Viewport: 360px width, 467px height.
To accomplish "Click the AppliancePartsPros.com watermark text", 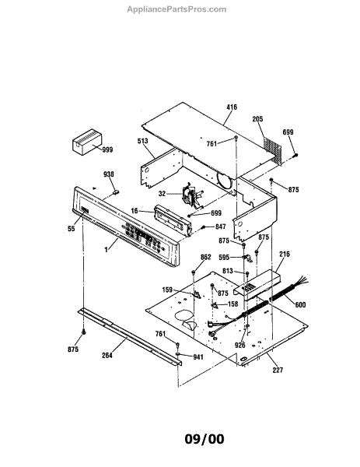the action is [177, 9].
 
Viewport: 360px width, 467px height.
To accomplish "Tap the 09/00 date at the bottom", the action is [204, 439].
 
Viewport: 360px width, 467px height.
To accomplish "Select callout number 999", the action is [107, 149].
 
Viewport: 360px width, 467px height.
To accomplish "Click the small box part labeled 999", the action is [87, 142].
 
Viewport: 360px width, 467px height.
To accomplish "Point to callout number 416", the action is [232, 107].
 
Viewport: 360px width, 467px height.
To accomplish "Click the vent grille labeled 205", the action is [273, 149].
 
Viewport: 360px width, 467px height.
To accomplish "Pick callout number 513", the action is [143, 141].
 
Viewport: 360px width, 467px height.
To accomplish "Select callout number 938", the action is [109, 174].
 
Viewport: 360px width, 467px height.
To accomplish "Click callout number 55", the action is [72, 228].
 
